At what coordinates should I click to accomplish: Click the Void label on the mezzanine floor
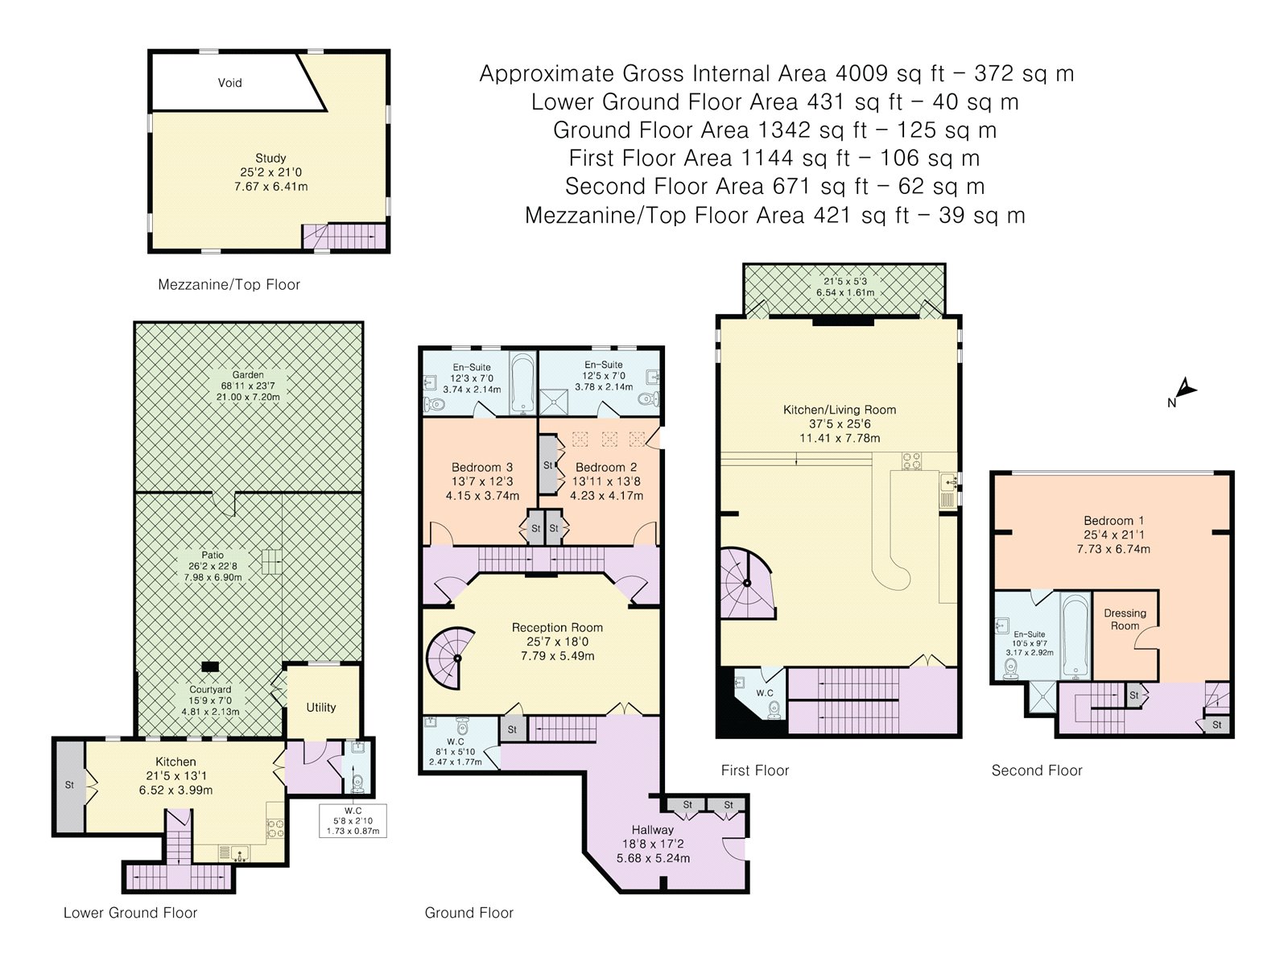click(229, 83)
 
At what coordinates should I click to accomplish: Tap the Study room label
click(270, 158)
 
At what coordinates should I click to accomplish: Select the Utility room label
click(321, 708)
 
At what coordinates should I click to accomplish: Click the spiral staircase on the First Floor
click(746, 583)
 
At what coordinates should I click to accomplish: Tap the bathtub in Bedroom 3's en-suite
click(522, 382)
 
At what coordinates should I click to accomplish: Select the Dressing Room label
click(1125, 619)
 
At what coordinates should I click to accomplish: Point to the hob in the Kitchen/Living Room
click(910, 460)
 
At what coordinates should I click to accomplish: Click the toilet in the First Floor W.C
click(774, 708)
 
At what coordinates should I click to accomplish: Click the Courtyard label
click(210, 690)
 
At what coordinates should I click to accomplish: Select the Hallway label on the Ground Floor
click(653, 830)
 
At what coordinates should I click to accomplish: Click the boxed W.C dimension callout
click(353, 820)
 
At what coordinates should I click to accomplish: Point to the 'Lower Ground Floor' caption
click(130, 913)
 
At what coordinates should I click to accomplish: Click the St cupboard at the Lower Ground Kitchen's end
click(70, 785)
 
